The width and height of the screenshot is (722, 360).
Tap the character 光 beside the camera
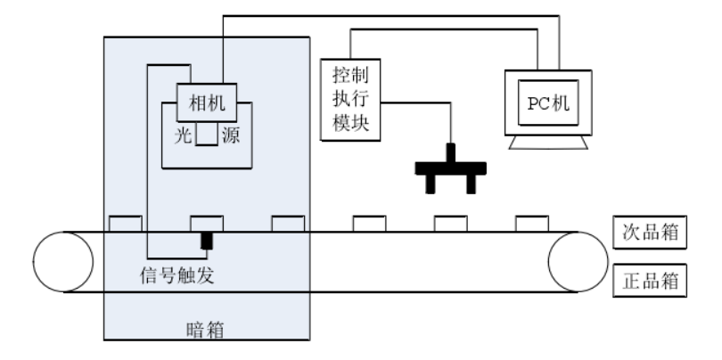point(181,137)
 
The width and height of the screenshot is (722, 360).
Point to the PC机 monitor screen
point(543,104)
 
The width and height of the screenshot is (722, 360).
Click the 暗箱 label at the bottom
point(207,331)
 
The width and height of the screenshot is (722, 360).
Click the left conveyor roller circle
point(63,262)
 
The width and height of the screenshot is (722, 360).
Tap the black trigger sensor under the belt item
point(207,241)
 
